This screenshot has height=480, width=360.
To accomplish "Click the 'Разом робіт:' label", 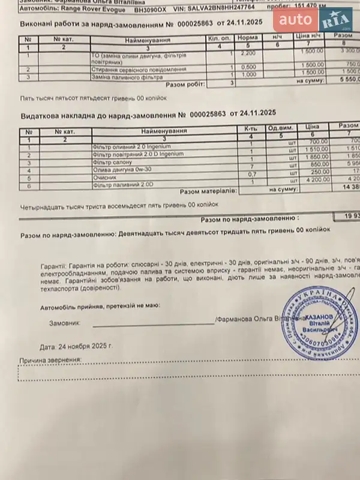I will click(x=184, y=84).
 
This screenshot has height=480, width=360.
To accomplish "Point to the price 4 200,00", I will click(x=316, y=179).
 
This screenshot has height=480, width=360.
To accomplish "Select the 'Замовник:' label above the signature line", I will click(x=64, y=323).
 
